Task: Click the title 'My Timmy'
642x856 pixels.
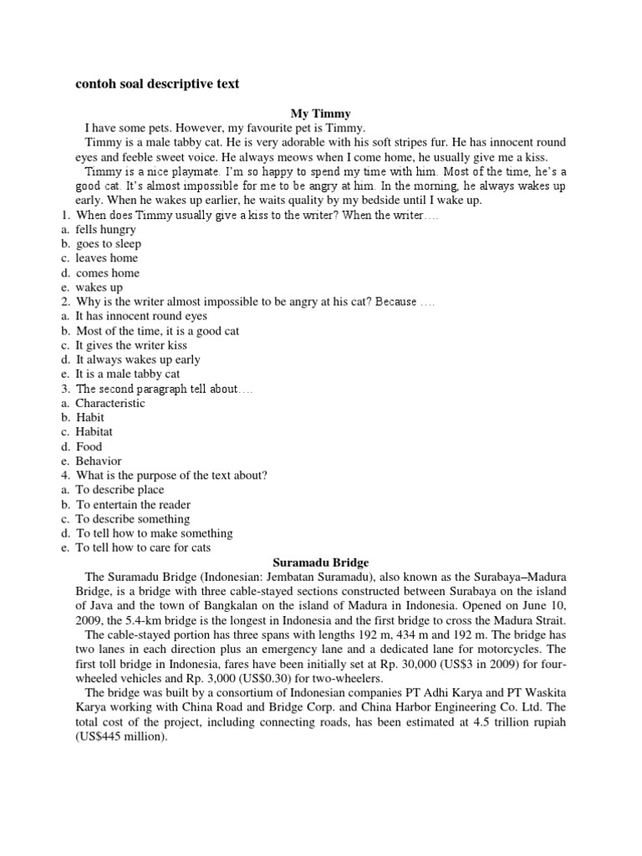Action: tap(321, 113)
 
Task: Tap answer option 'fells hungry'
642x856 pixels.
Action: tap(105, 229)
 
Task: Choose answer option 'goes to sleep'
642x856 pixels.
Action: tap(109, 244)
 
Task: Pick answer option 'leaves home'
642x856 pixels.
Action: tap(107, 258)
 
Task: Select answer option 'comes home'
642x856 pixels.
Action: tap(108, 273)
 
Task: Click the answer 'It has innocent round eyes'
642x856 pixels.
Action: tap(141, 316)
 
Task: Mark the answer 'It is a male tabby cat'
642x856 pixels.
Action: tap(128, 374)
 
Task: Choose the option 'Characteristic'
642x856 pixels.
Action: tap(110, 403)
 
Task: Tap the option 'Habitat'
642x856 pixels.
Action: tap(94, 432)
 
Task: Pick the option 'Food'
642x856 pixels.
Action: tap(89, 446)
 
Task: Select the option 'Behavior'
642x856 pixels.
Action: tap(99, 461)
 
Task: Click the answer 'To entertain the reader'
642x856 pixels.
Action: tap(134, 505)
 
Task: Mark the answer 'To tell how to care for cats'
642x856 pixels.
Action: tap(143, 548)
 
